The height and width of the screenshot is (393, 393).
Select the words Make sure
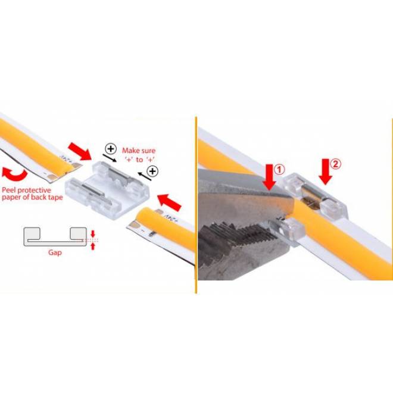[x=139, y=151]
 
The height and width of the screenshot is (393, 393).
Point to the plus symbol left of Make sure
[x=110, y=149]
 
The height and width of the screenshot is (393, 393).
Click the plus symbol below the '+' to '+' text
[x=153, y=171]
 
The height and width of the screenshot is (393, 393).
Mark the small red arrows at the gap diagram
[x=92, y=239]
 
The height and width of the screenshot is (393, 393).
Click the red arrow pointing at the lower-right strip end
[x=171, y=198]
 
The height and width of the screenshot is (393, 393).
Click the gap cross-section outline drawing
[x=53, y=236]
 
